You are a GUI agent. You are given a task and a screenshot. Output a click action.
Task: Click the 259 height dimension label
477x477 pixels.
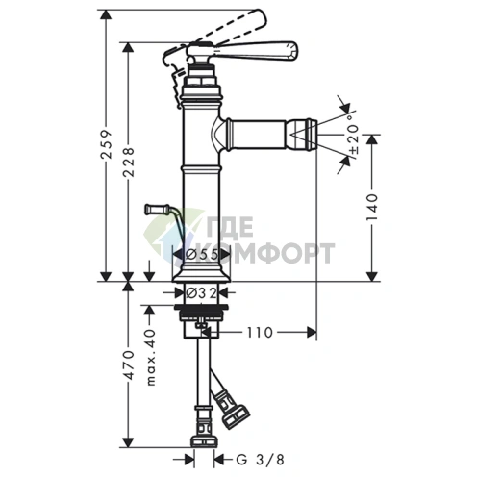[x=107, y=144]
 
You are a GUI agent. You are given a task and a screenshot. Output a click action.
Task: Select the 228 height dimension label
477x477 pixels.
[x=129, y=163]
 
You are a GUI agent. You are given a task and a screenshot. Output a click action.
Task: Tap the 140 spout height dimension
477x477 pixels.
[x=372, y=207]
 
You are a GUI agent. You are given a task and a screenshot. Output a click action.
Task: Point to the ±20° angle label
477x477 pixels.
[x=353, y=138]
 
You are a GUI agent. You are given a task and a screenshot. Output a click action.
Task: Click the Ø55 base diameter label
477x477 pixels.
[x=202, y=255]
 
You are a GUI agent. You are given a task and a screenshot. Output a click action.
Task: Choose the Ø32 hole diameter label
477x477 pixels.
[x=202, y=292]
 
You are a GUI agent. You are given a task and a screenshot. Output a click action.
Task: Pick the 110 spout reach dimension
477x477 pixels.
[x=260, y=333]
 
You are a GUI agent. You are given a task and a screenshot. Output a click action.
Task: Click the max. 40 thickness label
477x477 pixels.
[x=151, y=357]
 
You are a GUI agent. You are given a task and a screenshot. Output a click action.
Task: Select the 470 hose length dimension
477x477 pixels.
[x=129, y=364]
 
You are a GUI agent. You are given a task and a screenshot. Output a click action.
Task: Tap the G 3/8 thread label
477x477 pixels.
[x=260, y=460]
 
